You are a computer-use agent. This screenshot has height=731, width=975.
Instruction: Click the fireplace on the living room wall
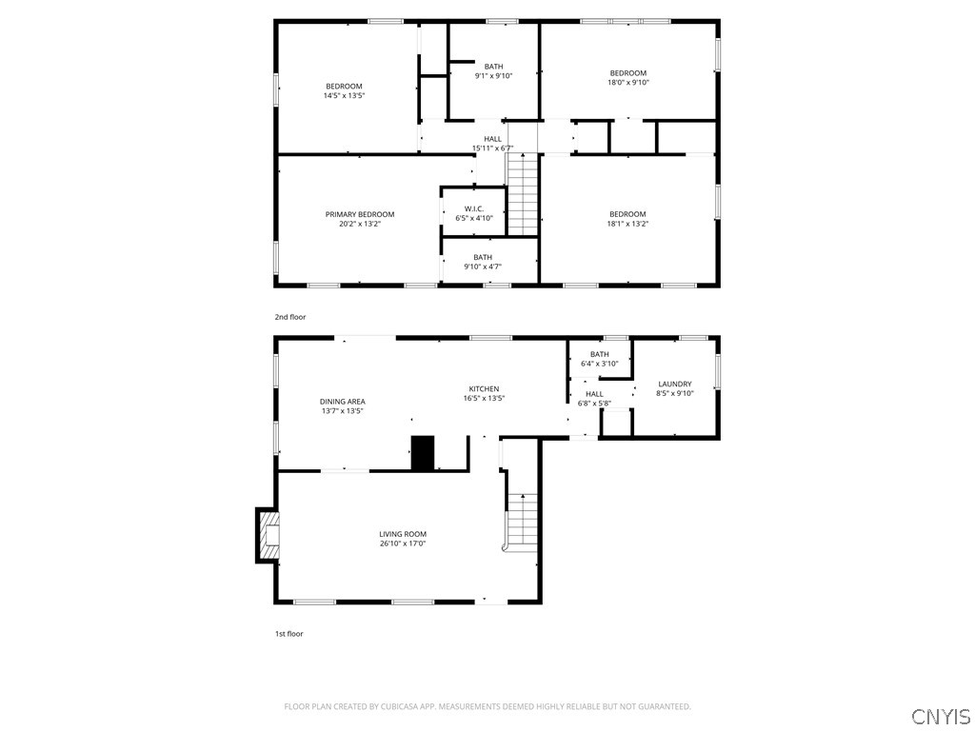(269, 536)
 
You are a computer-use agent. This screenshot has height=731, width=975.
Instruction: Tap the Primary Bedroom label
(359, 214)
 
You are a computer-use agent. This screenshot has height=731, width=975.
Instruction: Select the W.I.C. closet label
(474, 208)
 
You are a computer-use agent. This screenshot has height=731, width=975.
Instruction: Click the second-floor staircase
(522, 194)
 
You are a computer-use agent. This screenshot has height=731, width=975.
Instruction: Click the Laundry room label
(674, 384)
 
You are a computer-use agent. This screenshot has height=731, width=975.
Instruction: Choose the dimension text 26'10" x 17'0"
(403, 544)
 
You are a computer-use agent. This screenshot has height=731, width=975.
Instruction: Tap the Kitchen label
(484, 388)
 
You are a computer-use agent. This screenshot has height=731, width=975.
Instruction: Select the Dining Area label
(342, 402)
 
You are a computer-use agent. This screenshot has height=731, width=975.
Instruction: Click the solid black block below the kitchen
(422, 453)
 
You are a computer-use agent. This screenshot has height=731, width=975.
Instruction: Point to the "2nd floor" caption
(290, 317)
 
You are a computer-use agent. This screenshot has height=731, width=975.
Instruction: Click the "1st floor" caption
(289, 634)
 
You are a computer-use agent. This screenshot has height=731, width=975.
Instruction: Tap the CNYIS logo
(940, 716)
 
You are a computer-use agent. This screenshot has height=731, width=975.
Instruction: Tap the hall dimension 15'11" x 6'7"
(492, 148)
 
